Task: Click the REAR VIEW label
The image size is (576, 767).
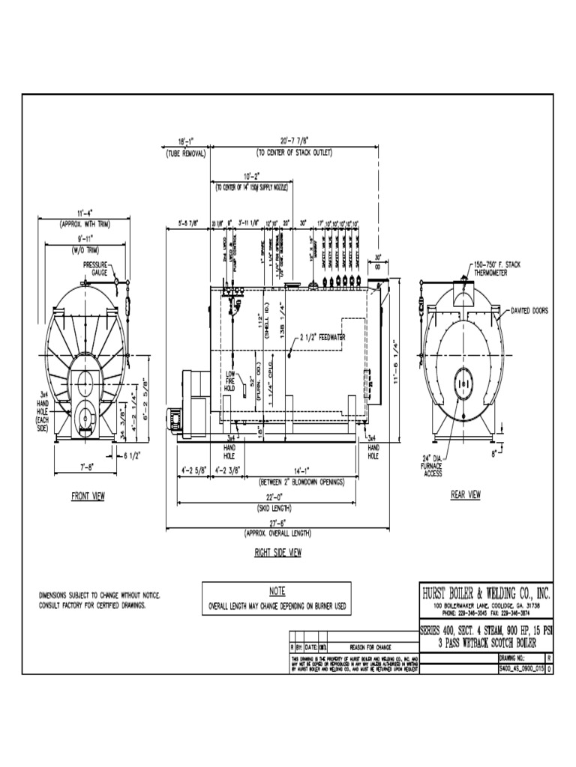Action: coord(465,494)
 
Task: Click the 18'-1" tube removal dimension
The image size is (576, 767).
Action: coord(186,141)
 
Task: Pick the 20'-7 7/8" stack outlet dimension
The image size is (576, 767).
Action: coord(294,141)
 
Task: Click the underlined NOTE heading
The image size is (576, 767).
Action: coord(277,591)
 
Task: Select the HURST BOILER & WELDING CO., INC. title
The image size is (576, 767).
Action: coord(487,593)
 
